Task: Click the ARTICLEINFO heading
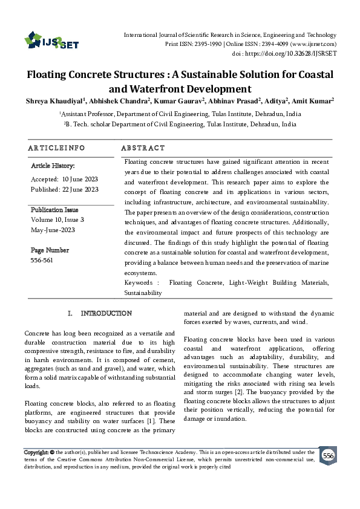pos(56,148)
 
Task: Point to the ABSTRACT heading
pos(143,148)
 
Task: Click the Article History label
pos(53,165)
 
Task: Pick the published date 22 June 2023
pos(82,189)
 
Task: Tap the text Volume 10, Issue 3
pos(57,219)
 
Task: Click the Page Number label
pos(50,250)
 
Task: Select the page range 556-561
pos(42,261)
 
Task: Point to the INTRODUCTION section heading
pos(106,313)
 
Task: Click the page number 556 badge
pos(329,456)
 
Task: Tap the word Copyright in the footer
pos(36,452)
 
